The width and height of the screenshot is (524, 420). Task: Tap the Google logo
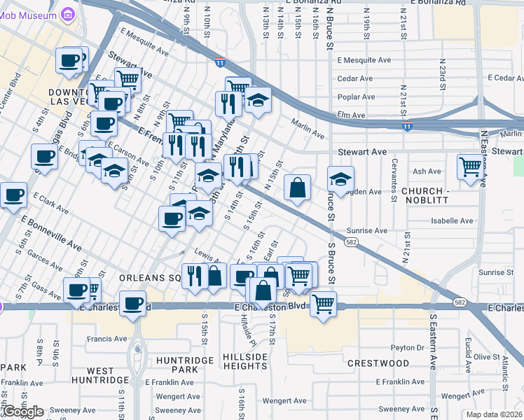(x=24, y=412)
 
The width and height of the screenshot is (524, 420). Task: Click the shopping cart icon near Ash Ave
(x=470, y=167)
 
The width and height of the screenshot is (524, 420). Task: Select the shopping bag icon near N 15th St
(x=297, y=188)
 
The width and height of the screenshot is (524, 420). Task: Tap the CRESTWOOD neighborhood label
(x=378, y=363)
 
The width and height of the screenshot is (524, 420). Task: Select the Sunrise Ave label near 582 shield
(x=366, y=230)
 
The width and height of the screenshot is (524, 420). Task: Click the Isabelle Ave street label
(x=453, y=220)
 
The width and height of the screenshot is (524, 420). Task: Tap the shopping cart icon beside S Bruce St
(x=323, y=303)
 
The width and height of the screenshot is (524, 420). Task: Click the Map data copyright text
(x=495, y=414)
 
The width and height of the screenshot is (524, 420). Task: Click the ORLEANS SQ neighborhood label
(x=150, y=277)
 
